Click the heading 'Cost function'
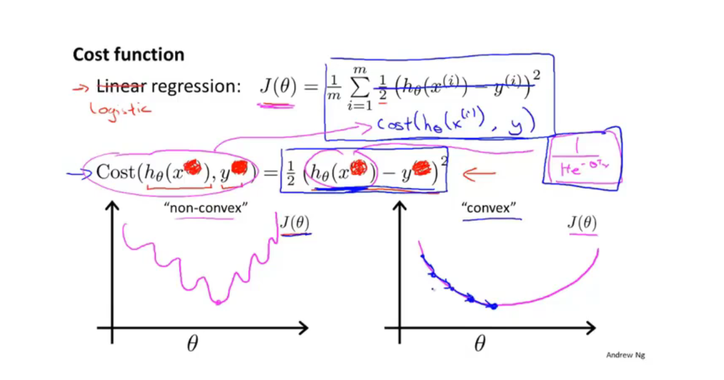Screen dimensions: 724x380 tap(128, 55)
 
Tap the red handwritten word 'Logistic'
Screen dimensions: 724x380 tap(120, 110)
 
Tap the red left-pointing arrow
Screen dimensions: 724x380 tap(479, 173)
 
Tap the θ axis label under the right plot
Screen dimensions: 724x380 tap(480, 343)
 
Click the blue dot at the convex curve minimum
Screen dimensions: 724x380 tap(494, 306)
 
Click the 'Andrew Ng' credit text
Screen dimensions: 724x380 tap(625, 355)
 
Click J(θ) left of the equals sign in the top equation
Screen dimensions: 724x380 tap(278, 87)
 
